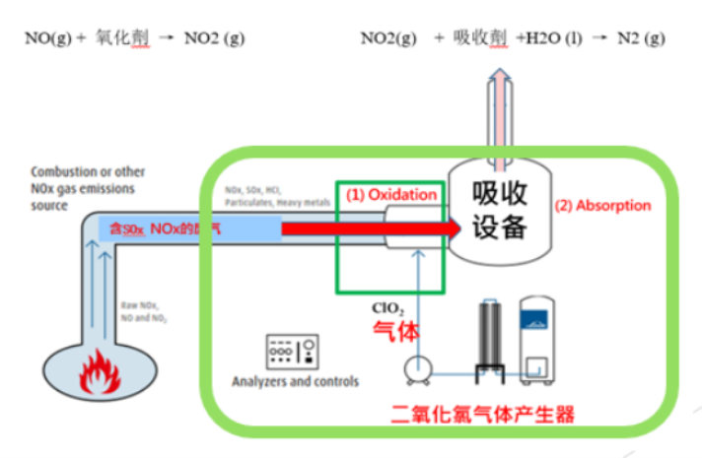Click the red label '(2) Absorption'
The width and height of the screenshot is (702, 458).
click(602, 207)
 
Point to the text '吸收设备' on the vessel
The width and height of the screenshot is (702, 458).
click(500, 210)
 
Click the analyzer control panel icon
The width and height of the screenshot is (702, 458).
click(293, 352)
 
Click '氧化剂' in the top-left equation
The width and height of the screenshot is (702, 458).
click(124, 39)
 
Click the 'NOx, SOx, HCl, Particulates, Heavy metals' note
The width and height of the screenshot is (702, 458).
click(277, 196)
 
